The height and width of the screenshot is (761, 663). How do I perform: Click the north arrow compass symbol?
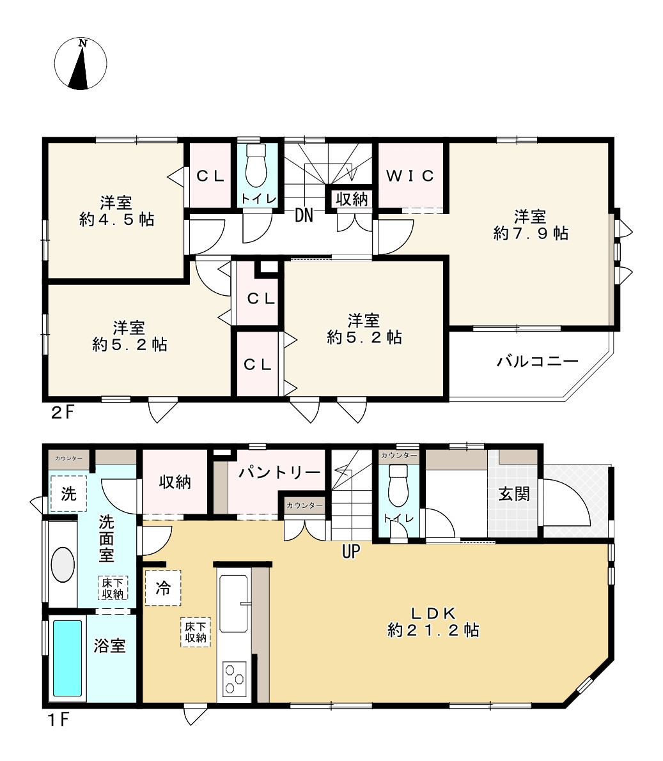point(81,64)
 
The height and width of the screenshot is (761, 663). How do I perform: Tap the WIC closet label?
point(410,176)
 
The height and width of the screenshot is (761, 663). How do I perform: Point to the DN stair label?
point(304,216)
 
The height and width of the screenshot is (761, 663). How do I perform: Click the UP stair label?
point(351,551)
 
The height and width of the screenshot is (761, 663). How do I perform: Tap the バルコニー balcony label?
point(538,362)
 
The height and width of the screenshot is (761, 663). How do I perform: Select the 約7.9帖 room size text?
point(531,233)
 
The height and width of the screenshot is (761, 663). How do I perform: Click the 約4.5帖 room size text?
point(116,220)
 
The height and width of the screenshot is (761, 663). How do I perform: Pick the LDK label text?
point(433,613)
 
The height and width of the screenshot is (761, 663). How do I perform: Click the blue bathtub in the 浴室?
point(67,658)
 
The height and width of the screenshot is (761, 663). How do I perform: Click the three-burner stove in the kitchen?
point(233,679)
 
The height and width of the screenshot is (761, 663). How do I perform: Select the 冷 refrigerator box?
point(163,588)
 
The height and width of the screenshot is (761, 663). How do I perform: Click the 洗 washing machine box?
point(68,494)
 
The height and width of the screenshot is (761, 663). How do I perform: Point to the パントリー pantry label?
point(279,473)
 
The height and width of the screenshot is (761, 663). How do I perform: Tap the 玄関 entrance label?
point(514,494)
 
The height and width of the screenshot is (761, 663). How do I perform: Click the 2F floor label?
point(63,412)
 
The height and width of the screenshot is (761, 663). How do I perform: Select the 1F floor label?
point(58,719)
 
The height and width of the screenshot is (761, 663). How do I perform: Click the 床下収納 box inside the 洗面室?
point(113,588)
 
